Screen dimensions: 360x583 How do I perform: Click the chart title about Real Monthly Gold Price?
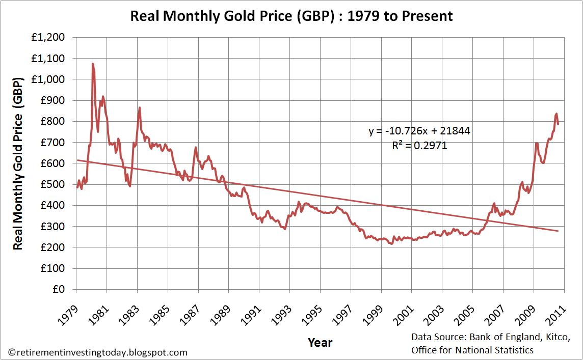(291, 16)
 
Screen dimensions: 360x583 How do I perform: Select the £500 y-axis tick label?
(57, 184)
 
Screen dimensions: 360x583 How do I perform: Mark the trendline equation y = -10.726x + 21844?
(419, 131)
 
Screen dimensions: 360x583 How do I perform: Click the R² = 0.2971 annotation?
(419, 146)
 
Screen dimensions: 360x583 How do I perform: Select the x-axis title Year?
(320, 342)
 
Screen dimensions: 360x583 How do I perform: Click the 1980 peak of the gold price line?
(93, 64)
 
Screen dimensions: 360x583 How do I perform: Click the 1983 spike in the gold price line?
(139, 107)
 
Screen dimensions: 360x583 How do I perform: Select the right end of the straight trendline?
(558, 231)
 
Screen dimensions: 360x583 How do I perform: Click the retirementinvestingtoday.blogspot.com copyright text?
(98, 352)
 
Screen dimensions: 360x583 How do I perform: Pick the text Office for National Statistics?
(472, 350)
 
